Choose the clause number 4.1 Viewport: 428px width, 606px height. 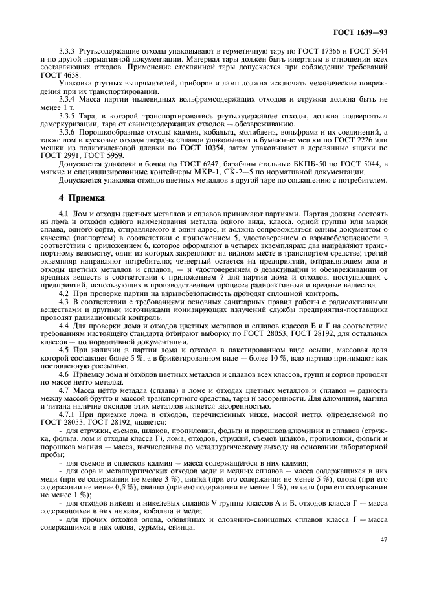tap(63, 213)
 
